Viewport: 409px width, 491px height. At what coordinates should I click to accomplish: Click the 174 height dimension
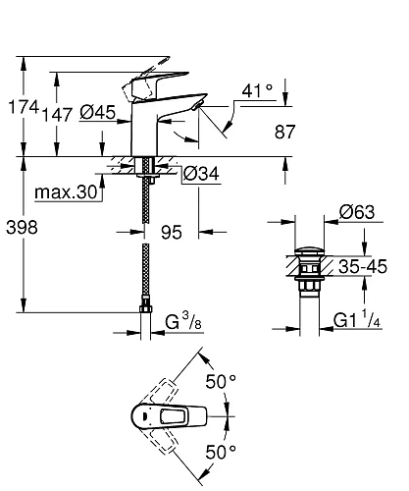[x=24, y=107]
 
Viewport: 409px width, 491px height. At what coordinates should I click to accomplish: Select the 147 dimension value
[x=58, y=115]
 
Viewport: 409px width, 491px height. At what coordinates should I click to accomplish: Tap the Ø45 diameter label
[x=98, y=112]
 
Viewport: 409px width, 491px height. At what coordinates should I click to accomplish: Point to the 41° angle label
[x=257, y=90]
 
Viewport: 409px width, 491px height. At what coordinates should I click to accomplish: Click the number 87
[x=285, y=132]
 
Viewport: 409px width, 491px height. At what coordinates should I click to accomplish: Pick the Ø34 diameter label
[x=201, y=174]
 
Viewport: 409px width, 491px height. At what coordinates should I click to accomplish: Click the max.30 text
[x=66, y=192]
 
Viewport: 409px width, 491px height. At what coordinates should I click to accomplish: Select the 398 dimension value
[x=22, y=227]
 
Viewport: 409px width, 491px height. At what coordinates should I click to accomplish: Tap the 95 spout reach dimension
[x=172, y=233]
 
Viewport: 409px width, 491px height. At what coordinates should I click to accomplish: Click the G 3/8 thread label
[x=183, y=321]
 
